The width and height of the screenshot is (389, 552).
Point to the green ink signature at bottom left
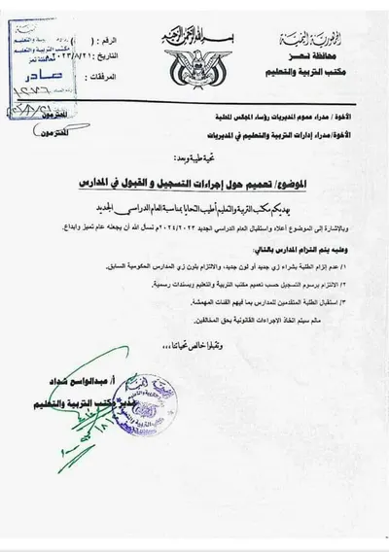(78, 437)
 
